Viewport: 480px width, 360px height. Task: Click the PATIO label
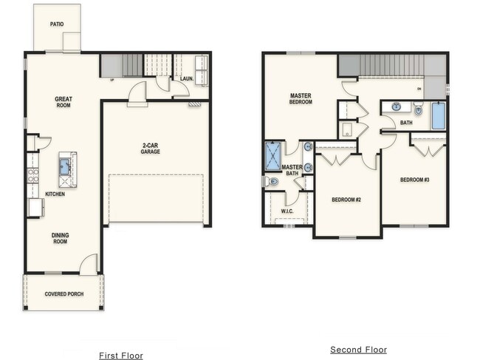(57, 24)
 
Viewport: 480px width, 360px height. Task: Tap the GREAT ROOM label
(63, 102)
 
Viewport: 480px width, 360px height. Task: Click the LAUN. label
(187, 78)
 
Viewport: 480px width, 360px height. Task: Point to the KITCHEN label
(55, 194)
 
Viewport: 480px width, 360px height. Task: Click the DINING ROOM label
(60, 238)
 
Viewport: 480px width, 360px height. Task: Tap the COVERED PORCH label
(64, 294)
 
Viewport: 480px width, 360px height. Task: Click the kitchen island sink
(66, 165)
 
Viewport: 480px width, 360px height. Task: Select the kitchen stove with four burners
(32, 176)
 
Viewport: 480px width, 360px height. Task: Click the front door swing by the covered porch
(88, 264)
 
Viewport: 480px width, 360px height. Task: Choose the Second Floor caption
(358, 350)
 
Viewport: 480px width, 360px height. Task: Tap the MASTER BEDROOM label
(301, 98)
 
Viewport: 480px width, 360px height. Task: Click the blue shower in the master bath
(273, 156)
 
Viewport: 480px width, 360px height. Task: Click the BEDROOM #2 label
(345, 200)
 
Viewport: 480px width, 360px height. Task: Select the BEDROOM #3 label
(414, 180)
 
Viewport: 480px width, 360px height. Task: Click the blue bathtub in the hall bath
(438, 115)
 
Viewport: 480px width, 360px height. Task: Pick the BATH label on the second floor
(406, 123)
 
